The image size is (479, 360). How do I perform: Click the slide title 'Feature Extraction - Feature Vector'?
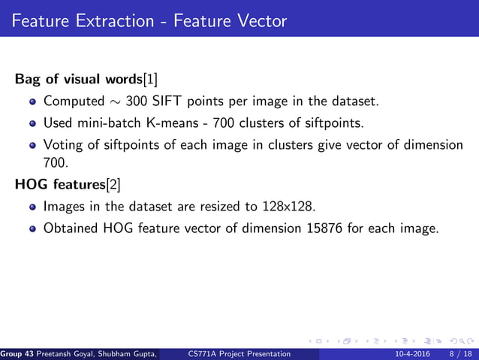[149, 20]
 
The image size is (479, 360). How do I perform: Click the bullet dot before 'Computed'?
[32, 101]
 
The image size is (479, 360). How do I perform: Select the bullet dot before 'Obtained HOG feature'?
[32, 228]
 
